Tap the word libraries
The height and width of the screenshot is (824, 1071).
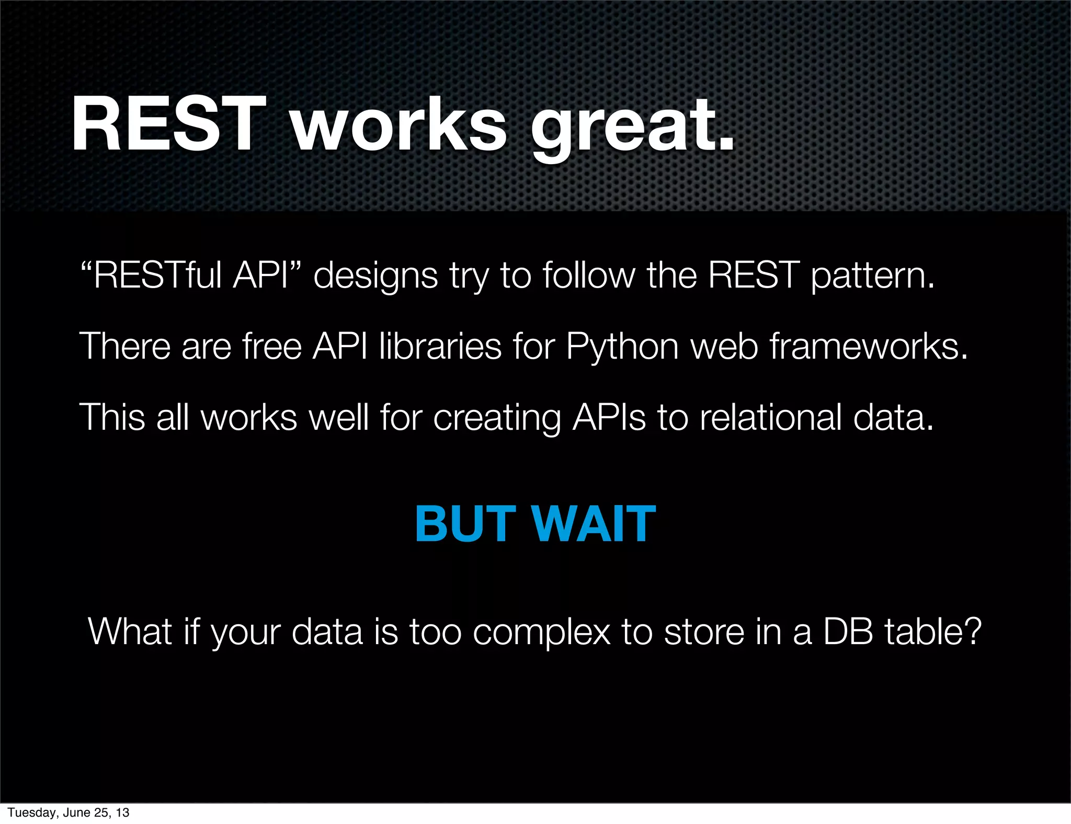[x=440, y=346]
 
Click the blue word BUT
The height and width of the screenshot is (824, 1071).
[x=465, y=524]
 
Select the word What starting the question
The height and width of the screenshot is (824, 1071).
[x=130, y=632]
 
